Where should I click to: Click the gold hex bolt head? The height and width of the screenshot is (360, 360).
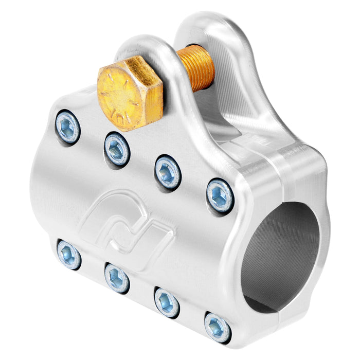130,93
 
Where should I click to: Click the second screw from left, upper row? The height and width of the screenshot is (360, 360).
117,149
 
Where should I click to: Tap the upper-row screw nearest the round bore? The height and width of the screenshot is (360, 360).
220,195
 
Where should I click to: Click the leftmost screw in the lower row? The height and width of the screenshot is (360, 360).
69,255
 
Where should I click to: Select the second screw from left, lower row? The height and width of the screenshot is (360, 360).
117,278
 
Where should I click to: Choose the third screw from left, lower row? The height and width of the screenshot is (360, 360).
167,302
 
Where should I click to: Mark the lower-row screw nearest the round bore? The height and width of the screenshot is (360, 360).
217,327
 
